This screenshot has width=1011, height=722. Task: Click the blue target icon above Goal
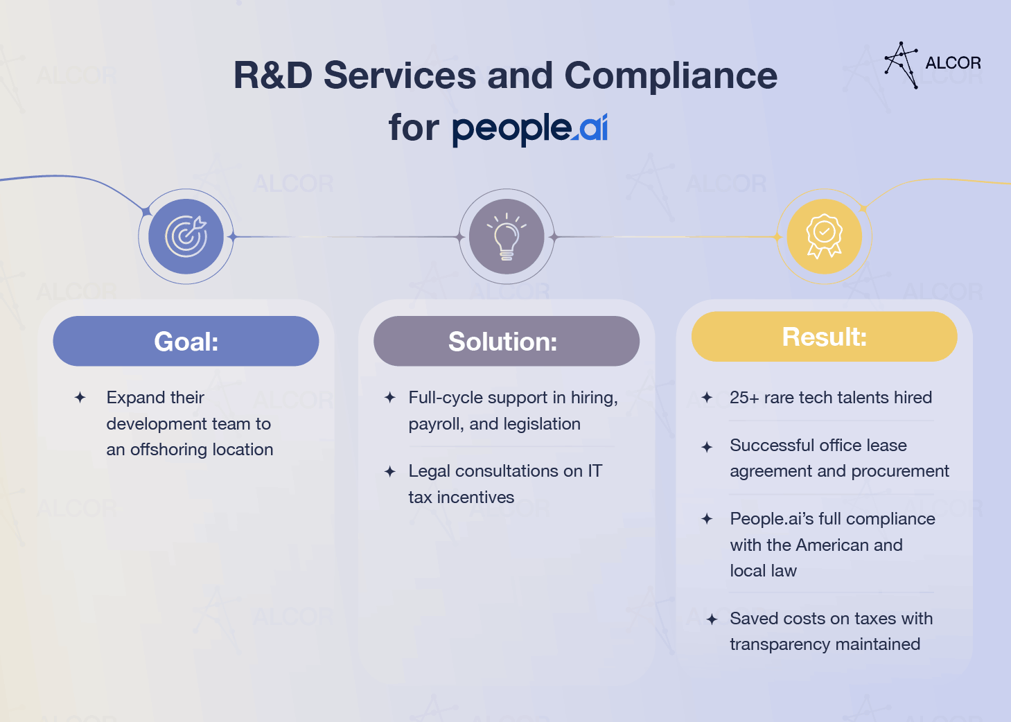186,236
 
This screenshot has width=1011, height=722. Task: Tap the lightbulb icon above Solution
507,236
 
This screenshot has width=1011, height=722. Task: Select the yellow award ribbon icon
824,236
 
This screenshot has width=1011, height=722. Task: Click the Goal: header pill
186,341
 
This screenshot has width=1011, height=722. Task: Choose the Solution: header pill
507,341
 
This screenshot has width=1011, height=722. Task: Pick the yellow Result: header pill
824,337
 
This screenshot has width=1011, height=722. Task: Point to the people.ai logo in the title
530,130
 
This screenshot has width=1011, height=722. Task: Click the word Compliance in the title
671,76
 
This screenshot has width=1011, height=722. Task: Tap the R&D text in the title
273,76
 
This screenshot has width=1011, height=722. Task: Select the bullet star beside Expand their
80,398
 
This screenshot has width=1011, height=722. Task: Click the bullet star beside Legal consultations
390,472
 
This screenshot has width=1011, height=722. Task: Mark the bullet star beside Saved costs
712,619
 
